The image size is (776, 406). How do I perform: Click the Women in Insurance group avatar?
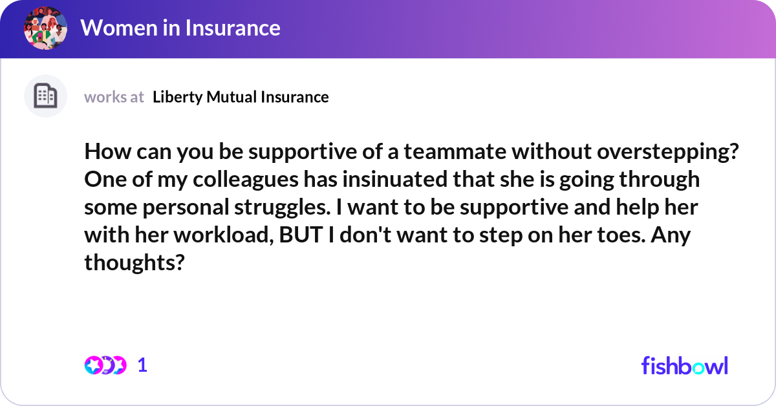pos(45,28)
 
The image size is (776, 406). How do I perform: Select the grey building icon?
pos(45,96)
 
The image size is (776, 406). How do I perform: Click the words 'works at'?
pos(114,97)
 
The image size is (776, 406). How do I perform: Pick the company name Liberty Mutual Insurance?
pos(241,97)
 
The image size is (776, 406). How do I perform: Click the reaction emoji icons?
pos(105,365)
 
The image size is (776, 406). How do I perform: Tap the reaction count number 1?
pos(143,365)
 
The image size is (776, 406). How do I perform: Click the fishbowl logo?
pos(684,365)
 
